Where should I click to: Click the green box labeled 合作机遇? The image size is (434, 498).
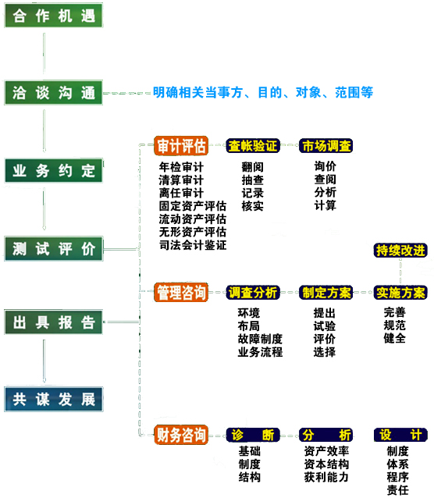pos(53,16)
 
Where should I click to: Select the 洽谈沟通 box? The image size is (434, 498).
pos(53,93)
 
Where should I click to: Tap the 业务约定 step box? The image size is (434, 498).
pos(54,170)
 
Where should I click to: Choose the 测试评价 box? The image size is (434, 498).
pos(54,249)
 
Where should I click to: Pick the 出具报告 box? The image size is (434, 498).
pos(53,322)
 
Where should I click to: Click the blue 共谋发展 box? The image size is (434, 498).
pos(54,399)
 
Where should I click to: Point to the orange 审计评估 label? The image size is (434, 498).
pos(181,146)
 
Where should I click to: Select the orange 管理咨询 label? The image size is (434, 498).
pos(181,292)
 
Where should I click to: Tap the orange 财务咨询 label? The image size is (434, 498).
pos(181,435)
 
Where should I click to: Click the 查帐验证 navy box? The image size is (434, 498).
pos(253,146)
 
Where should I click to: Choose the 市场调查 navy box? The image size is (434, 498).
pos(326,146)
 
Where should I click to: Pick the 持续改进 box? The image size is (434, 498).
pos(400,251)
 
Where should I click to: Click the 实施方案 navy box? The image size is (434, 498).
pos(400,293)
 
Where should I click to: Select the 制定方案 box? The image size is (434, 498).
pos(326,293)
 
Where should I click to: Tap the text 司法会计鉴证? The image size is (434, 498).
pos(193,245)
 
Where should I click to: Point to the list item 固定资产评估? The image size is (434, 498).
pos(193,206)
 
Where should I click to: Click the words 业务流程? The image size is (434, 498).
pos(260,352)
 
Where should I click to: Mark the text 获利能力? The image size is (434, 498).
pos(326,477)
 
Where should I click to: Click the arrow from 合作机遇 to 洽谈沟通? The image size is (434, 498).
pos(44,54)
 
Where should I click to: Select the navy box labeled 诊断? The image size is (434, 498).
pos(253,435)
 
